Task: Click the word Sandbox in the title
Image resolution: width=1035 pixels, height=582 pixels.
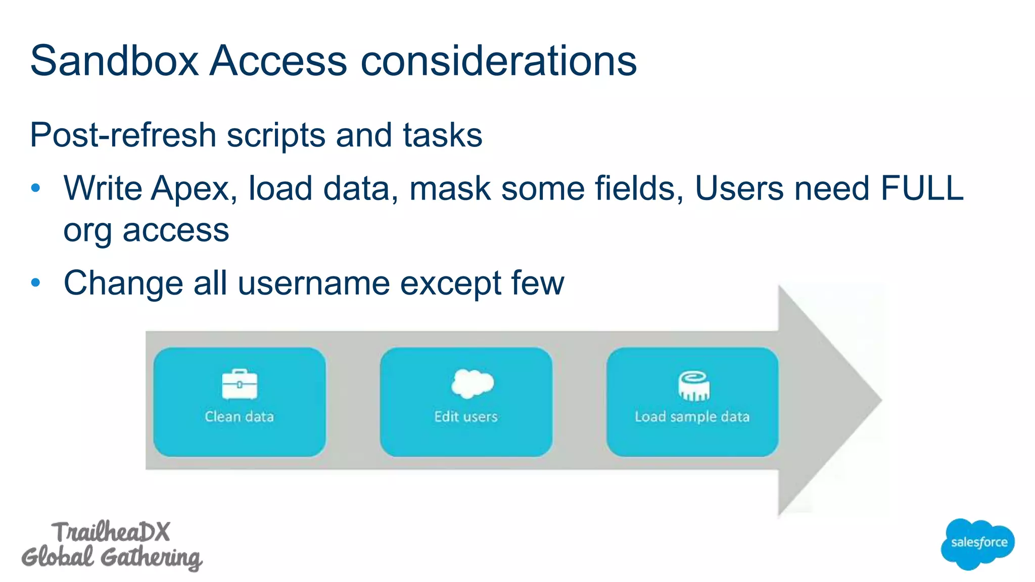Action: coord(115,61)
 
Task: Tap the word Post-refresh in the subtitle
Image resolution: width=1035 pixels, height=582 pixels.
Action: coord(123,135)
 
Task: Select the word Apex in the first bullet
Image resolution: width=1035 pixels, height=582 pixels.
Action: coord(194,188)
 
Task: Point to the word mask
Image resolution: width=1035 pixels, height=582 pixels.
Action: coord(449,188)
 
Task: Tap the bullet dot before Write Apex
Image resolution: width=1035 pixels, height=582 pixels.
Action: coord(35,188)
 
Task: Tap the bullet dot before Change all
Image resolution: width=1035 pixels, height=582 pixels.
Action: coord(35,282)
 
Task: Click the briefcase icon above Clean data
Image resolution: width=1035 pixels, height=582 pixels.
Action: coord(240,384)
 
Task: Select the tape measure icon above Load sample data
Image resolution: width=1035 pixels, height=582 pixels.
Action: coord(693,386)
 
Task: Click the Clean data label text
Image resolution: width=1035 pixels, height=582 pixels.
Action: coord(240,417)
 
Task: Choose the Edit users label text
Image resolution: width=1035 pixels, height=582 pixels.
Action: coord(466,417)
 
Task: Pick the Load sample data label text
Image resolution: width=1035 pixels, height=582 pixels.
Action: coord(692,417)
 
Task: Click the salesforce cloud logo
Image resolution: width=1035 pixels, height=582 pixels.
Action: coord(978,544)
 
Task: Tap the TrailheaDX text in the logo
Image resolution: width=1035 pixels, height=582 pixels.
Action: coord(111,532)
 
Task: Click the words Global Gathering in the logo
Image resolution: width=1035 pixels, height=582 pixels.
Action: coord(111,557)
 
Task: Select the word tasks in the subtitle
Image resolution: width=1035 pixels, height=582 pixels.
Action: coord(442,135)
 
